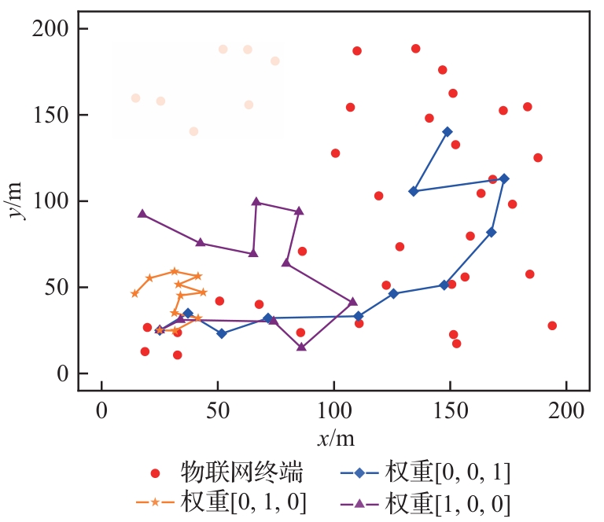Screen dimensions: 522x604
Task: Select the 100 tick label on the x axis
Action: pos(333,410)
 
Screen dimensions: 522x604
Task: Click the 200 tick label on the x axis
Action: pos(566,410)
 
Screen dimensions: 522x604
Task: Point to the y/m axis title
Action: pos(17,201)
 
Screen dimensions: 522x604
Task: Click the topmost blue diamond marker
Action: pos(447,131)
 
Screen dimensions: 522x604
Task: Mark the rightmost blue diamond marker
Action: pos(504,178)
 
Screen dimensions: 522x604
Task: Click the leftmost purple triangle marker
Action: pos(142,214)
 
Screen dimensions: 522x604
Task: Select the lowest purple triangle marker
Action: pos(301,347)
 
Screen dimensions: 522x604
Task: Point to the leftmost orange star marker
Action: pos(134,293)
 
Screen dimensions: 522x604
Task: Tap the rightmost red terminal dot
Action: pos(552,325)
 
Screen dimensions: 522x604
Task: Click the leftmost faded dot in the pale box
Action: pos(135,98)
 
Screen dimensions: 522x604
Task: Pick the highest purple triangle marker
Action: pos(256,201)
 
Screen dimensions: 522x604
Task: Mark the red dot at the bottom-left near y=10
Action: pos(177,355)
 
